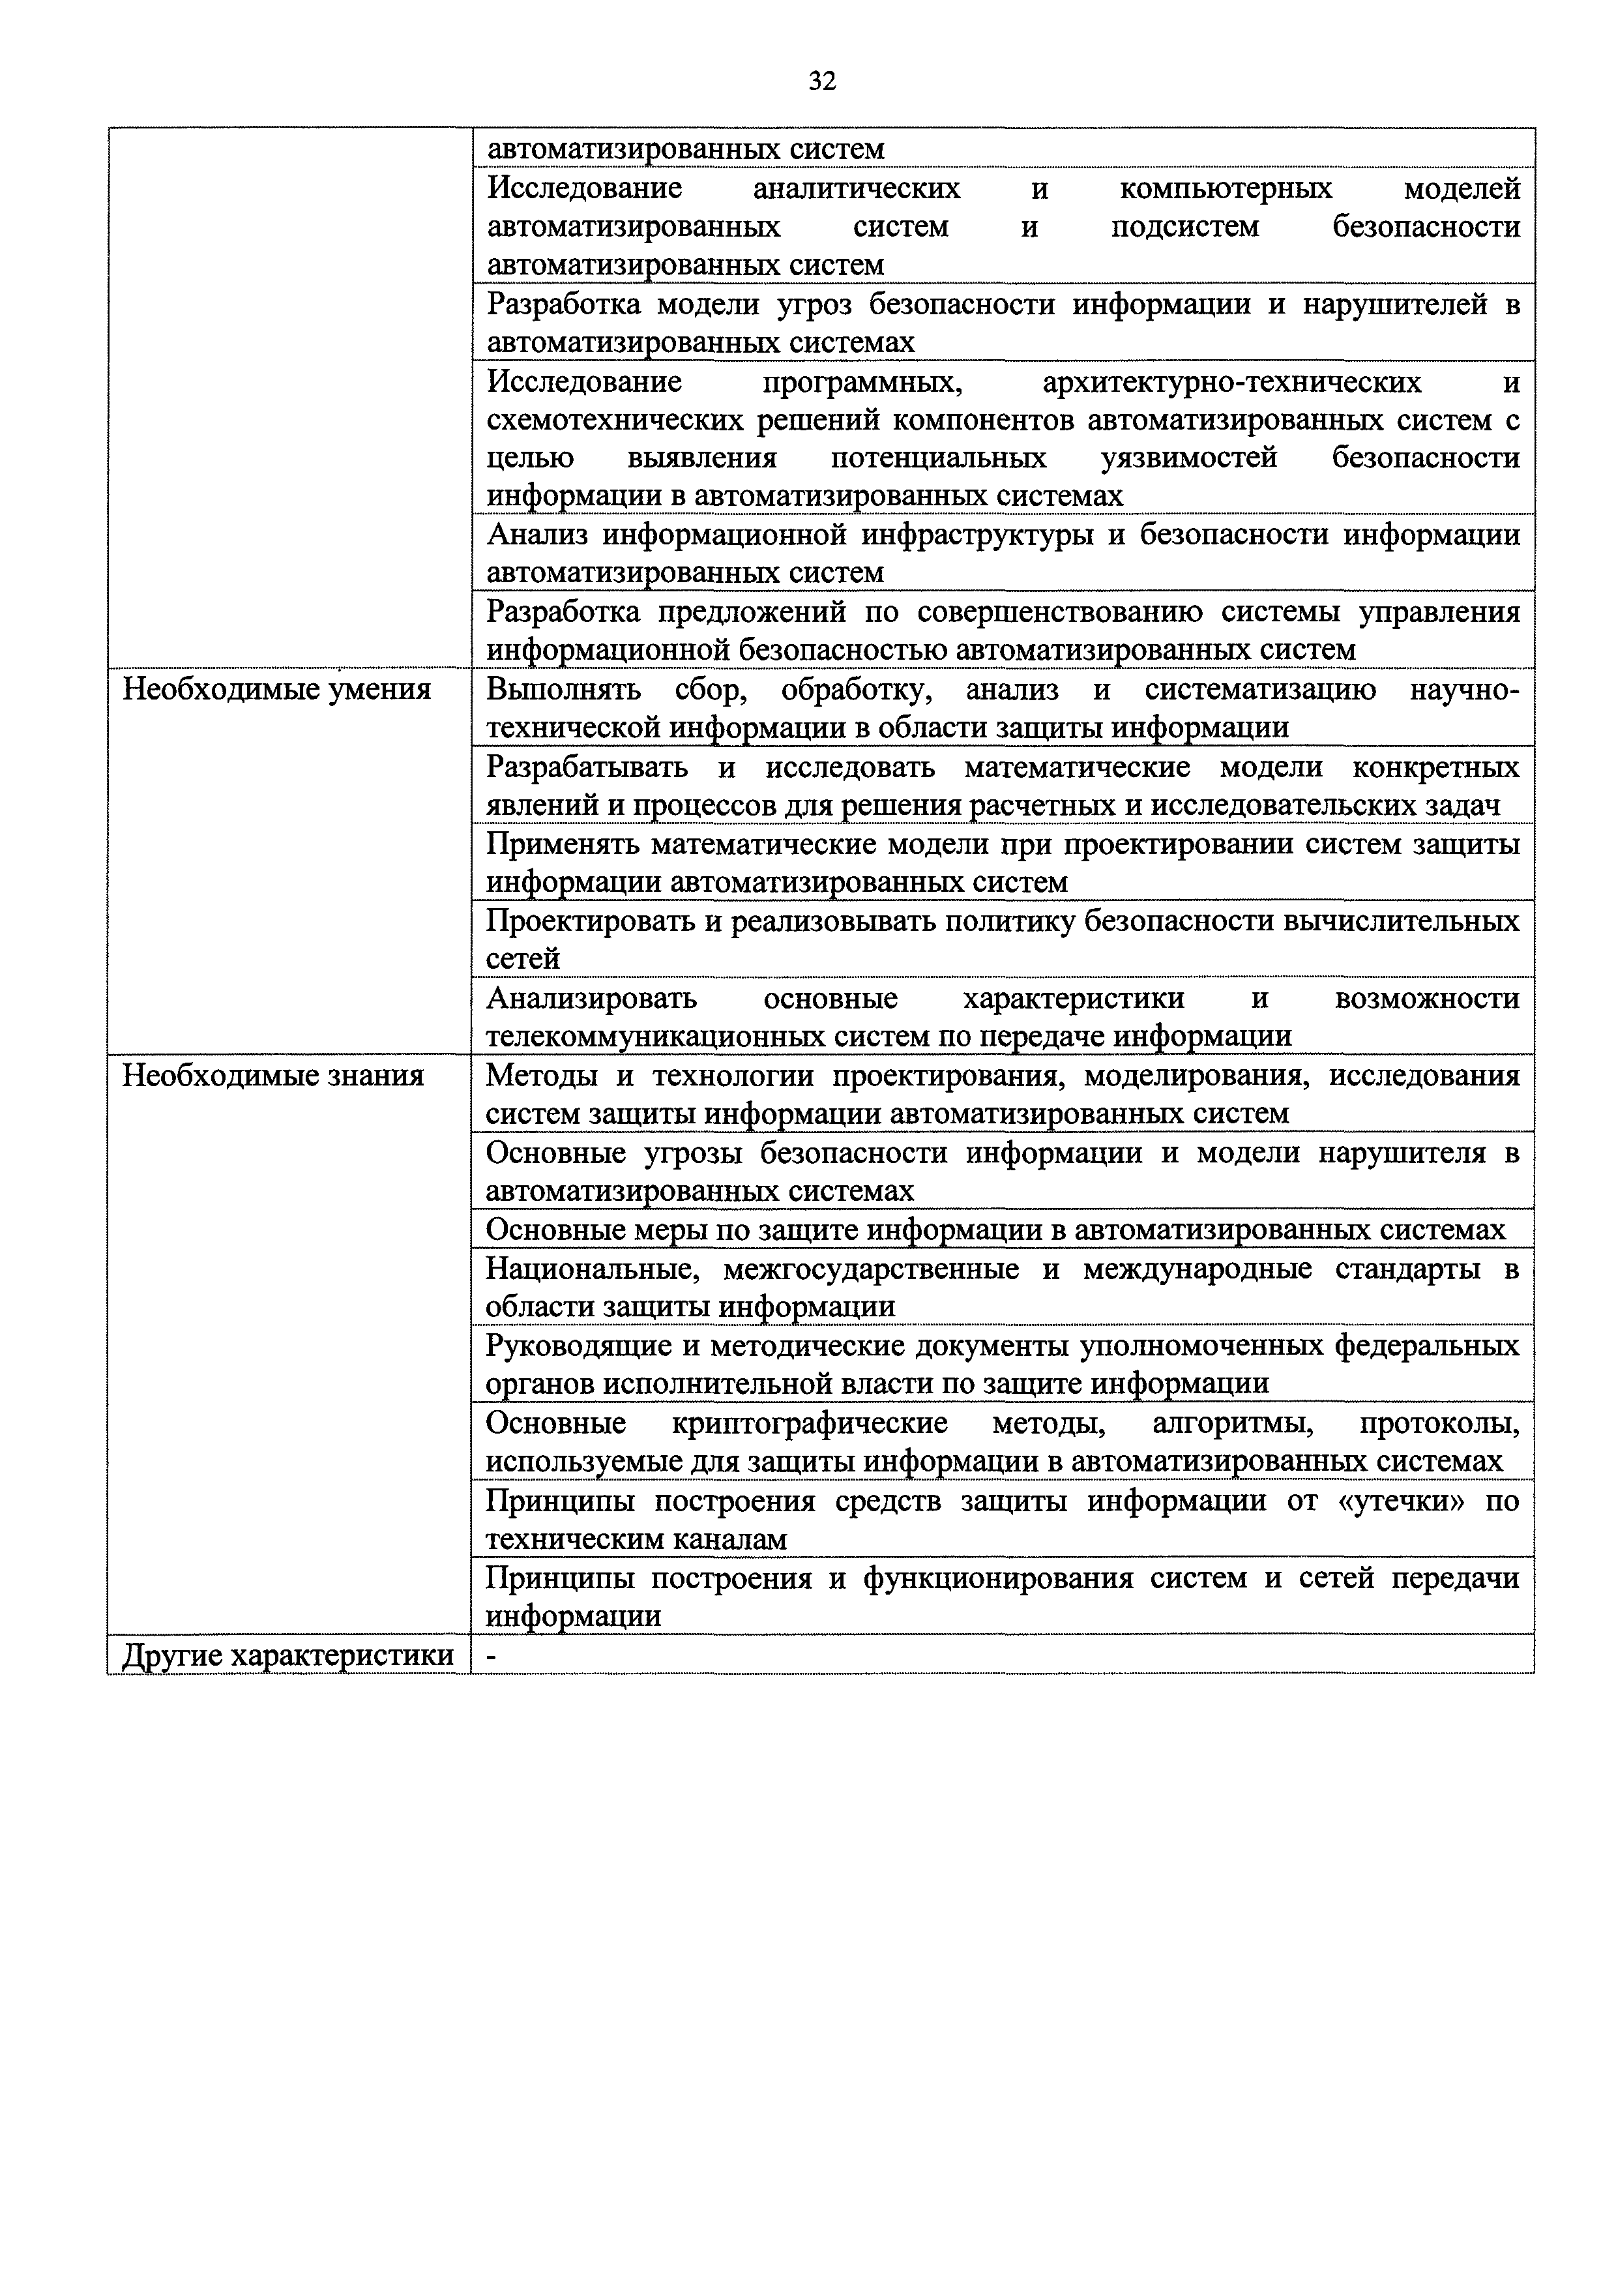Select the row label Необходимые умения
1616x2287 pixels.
point(276,689)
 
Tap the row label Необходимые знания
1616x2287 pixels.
point(272,1076)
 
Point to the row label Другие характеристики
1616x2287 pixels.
point(287,1655)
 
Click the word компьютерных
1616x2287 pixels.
point(1226,188)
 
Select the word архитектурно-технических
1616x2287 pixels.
point(1231,381)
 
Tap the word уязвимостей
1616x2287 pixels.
point(1188,458)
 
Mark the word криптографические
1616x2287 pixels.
point(810,1423)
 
